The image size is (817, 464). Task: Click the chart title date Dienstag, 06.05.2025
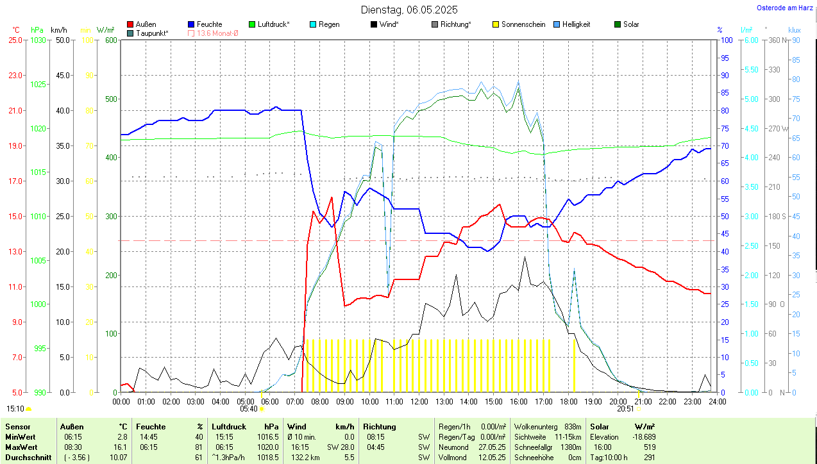pos(409,10)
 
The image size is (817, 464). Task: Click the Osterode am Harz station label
pos(786,8)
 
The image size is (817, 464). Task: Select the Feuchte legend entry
pos(205,24)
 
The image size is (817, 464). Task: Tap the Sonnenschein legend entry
pos(519,24)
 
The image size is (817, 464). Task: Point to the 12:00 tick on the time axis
pos(419,401)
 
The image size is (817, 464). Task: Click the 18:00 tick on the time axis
pos(568,401)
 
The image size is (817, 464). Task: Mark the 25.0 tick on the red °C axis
pos(14,40)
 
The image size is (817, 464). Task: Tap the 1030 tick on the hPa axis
pos(38,40)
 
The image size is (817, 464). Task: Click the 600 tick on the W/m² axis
pos(111,40)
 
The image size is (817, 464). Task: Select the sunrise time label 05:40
pos(249,408)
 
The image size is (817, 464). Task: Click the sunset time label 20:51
pos(625,408)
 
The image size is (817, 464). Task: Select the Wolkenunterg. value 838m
pos(573,426)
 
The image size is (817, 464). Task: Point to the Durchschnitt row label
pos(25,458)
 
